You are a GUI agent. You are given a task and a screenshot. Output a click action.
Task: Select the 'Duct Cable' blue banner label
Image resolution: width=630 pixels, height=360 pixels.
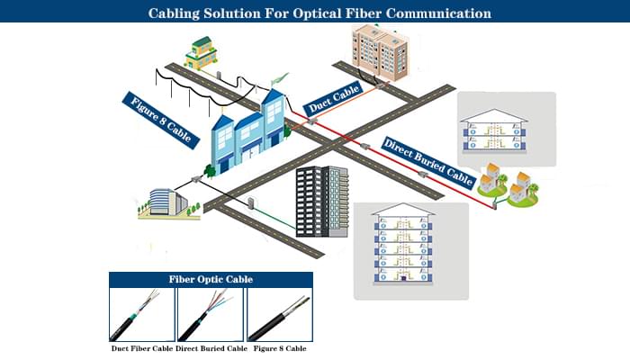point(333,96)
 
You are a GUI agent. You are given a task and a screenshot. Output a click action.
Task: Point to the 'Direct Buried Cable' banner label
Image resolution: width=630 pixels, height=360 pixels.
point(427,162)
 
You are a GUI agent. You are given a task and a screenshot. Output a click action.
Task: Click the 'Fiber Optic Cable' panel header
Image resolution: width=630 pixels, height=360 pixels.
point(211,279)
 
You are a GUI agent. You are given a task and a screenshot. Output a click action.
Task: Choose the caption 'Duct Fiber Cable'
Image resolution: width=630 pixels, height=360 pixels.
point(141,346)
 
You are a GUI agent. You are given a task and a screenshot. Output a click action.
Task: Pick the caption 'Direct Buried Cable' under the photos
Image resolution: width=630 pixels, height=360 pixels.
point(211,346)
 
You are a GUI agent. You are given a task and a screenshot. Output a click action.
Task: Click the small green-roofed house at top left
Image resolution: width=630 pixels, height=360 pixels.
point(202,53)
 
